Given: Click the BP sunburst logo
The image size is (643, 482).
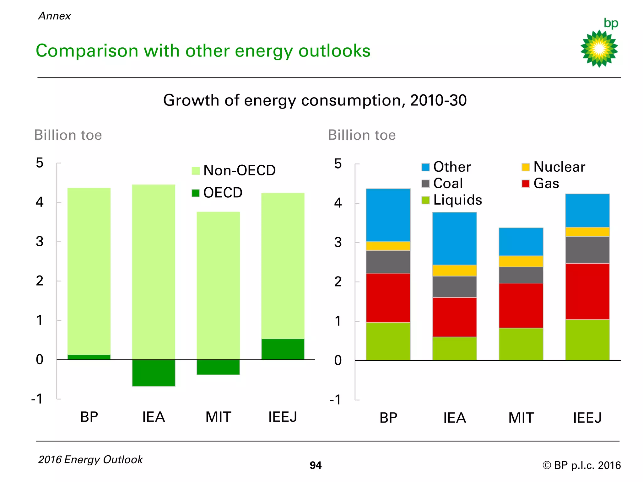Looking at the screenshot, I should click(x=599, y=48).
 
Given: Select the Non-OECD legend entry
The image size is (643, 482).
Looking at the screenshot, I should click(x=234, y=170).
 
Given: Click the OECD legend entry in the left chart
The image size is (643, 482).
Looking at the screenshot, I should click(x=218, y=193).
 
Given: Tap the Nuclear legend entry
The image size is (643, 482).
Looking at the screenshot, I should click(x=554, y=167).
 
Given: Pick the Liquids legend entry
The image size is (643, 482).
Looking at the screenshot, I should click(x=452, y=200).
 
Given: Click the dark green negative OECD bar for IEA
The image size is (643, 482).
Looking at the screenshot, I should click(x=154, y=373).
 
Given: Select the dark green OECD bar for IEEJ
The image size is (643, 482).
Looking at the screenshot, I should click(x=283, y=349).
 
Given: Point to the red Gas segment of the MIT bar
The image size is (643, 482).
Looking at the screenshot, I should click(x=521, y=305).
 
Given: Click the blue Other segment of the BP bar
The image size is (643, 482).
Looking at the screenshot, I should click(x=388, y=215).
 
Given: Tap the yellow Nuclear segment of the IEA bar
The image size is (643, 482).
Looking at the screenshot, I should click(x=454, y=270).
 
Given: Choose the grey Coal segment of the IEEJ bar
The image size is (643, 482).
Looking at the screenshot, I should click(x=587, y=250).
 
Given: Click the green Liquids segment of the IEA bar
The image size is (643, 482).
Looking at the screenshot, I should click(x=454, y=348).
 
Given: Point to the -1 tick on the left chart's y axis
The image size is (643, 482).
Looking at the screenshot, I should click(x=37, y=399).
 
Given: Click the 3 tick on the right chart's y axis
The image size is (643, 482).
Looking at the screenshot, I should click(x=338, y=243).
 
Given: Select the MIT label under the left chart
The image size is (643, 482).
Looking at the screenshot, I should click(x=218, y=417).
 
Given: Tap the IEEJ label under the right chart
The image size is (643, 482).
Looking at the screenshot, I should click(x=587, y=418).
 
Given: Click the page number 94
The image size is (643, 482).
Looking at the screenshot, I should click(x=316, y=465).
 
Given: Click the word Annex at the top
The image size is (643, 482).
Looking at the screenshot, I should click(x=55, y=16).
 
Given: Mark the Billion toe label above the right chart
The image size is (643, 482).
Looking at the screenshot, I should click(x=362, y=135).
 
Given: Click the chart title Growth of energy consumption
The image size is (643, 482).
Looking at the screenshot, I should click(x=315, y=100).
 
